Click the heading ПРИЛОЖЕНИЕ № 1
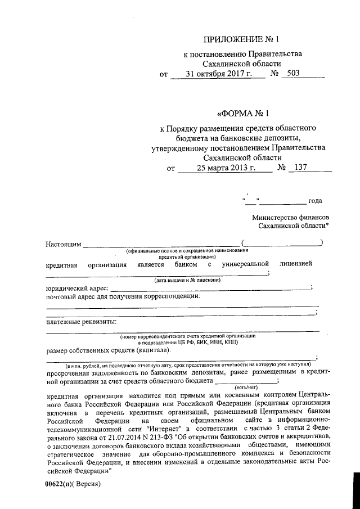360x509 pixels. click(241, 39)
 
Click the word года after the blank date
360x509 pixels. click(315, 201)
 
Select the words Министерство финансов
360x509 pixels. click(291, 217)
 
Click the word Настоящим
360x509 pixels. click(64, 244)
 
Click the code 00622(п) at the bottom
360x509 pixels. click(58, 484)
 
